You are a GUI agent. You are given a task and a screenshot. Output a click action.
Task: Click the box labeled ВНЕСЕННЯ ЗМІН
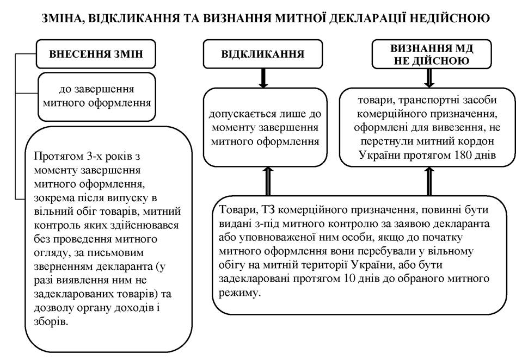pos(96,54)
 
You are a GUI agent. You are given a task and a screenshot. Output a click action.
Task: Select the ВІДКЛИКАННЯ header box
pos(262,54)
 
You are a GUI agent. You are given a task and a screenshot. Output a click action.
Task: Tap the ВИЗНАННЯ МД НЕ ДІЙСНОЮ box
pos(432,54)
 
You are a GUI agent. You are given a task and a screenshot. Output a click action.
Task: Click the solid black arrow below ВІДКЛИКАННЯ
pos(263,78)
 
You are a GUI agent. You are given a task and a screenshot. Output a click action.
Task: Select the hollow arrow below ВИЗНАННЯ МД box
pos(429,78)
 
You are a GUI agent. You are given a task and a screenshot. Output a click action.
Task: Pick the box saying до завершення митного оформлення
pos(97,97)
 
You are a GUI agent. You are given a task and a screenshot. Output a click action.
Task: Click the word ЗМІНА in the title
pos(61,18)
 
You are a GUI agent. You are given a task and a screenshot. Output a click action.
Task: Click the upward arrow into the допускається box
pos(268,181)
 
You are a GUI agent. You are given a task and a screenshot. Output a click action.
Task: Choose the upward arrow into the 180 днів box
pos(429,181)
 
